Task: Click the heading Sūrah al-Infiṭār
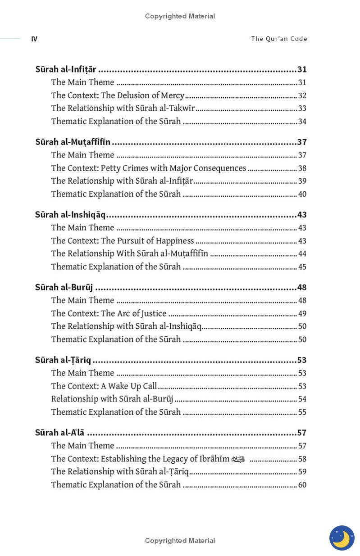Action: pos(66,69)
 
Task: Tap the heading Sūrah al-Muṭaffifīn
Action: pos(73,142)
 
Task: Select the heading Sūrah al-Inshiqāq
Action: pos(70,215)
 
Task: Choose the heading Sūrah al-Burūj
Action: pos(64,287)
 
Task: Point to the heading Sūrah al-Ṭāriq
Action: pos(63,360)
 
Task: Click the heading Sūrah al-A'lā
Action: pos(59,433)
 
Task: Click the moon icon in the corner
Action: pos(342,538)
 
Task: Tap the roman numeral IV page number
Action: pos(34,39)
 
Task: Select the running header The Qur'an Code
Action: pos(279,39)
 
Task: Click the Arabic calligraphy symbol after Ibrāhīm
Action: pos(238,459)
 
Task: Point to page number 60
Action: pos(302,485)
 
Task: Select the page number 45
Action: pos(302,267)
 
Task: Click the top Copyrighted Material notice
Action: pos(180,16)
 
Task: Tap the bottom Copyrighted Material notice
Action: pos(180,540)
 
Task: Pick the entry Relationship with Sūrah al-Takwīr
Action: pos(123,108)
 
